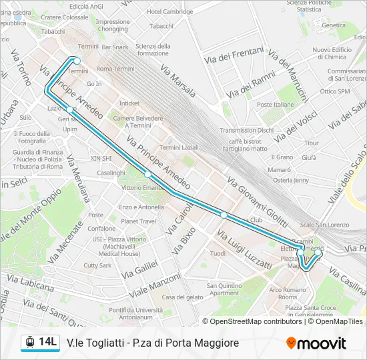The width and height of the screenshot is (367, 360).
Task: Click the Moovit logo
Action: (x=316, y=343)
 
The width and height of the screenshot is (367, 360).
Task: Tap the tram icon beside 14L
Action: (x=29, y=343)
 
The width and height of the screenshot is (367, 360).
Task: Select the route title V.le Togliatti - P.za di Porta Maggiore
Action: (x=153, y=343)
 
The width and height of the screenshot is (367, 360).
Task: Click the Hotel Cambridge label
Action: (x=170, y=11)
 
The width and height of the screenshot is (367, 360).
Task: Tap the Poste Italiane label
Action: (x=275, y=105)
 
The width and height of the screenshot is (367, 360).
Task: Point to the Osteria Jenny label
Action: (x=292, y=180)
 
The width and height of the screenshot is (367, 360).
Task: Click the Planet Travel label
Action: (x=138, y=221)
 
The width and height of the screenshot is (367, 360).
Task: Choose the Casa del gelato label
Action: (x=182, y=297)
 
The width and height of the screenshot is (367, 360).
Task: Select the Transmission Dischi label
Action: (x=246, y=130)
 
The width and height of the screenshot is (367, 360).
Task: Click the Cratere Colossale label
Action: (x=65, y=17)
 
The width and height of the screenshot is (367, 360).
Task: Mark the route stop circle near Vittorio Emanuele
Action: (x=148, y=175)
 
